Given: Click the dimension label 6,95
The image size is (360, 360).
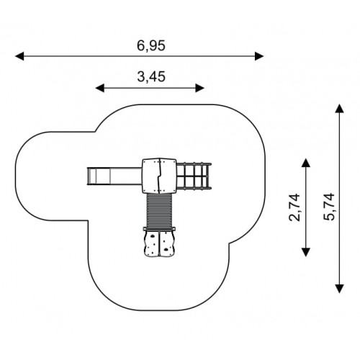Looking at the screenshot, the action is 151,45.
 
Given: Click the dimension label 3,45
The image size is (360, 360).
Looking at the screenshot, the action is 151,77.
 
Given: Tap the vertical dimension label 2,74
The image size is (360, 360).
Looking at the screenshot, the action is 294,207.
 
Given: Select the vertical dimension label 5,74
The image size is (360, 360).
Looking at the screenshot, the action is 329,207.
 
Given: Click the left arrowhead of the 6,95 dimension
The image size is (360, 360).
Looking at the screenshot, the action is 19,56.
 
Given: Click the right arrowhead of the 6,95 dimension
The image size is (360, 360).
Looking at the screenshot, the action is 259,56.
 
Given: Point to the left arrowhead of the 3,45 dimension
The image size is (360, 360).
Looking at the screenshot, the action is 100,88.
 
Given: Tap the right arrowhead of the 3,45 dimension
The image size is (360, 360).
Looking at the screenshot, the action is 199,88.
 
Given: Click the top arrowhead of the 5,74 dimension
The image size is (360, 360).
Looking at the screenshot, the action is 339,108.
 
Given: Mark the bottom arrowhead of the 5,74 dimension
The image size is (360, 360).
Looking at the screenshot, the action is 339,289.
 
